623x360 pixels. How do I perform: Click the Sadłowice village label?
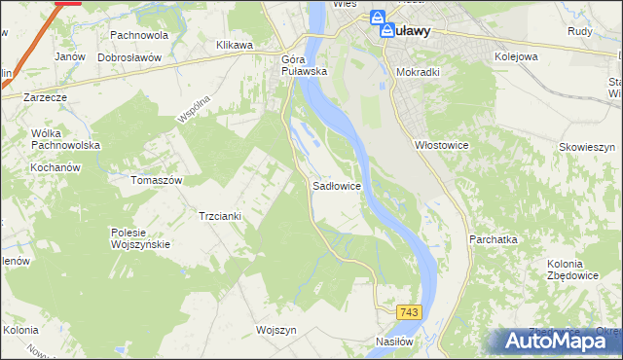click(x=337, y=185)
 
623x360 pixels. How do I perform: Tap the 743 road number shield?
click(x=409, y=311)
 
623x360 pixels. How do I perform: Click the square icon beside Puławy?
click(x=386, y=30)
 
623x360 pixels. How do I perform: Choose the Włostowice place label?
click(x=443, y=144)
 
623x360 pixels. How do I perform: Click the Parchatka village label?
click(x=493, y=238)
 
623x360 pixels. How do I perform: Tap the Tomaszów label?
click(x=158, y=180)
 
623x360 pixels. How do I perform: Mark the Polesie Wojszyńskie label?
click(x=141, y=238)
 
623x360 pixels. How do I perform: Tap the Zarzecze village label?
click(x=46, y=97)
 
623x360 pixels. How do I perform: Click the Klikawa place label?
click(x=235, y=45)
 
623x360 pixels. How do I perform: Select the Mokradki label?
click(x=421, y=71)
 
